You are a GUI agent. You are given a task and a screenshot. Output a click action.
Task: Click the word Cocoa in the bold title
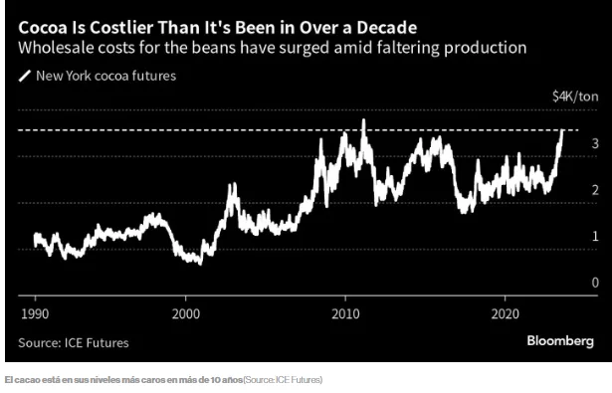[42, 28]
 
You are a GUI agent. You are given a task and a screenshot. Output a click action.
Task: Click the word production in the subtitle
[486, 49]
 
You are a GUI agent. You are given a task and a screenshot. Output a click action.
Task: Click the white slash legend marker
[24, 76]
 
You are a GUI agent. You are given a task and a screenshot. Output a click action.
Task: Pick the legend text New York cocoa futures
[105, 76]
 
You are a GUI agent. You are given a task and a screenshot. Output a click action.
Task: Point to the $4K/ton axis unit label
[575, 97]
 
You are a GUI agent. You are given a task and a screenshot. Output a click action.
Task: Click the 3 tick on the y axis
[595, 143]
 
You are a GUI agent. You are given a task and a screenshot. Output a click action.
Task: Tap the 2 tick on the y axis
[595, 190]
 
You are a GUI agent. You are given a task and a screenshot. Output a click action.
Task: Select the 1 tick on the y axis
[595, 236]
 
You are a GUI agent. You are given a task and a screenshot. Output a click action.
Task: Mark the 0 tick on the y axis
[595, 283]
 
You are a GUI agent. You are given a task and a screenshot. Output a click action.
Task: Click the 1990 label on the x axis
[35, 314]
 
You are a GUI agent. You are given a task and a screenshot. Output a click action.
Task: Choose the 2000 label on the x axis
[186, 314]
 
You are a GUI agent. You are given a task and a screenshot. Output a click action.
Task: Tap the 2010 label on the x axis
[346, 314]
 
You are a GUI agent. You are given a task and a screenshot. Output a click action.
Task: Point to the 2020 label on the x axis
[506, 314]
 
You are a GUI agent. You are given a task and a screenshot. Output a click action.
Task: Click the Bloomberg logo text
[560, 341]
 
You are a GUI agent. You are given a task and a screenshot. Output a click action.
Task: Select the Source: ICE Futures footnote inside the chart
[74, 343]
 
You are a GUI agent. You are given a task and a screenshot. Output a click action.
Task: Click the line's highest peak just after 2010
[364, 119]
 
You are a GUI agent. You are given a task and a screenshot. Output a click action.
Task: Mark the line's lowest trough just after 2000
[200, 265]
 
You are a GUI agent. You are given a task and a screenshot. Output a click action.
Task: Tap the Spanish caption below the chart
[163, 380]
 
